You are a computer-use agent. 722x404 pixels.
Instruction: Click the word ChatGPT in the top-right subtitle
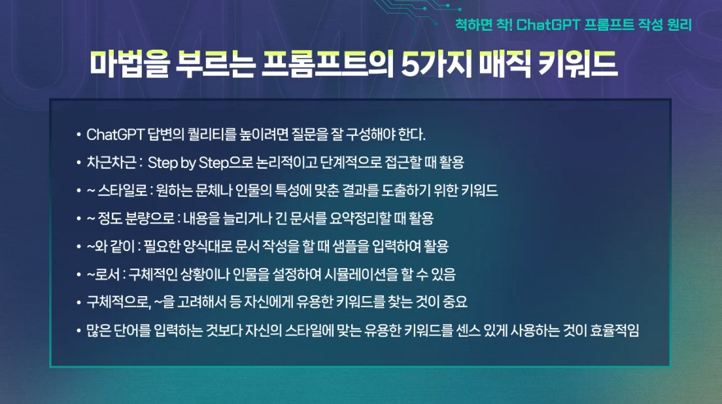548,24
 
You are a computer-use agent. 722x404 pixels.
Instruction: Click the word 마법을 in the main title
130,64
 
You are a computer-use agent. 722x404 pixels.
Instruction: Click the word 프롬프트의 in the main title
328,64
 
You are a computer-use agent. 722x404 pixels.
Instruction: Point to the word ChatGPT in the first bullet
115,135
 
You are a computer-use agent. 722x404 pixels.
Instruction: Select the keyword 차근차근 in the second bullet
111,162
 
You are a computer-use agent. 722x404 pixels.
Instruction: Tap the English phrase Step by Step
188,163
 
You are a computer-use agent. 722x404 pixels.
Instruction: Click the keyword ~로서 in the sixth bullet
103,275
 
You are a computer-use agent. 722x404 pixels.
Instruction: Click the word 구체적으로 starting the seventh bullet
118,302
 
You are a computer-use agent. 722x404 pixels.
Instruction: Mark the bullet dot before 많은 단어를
78,330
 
